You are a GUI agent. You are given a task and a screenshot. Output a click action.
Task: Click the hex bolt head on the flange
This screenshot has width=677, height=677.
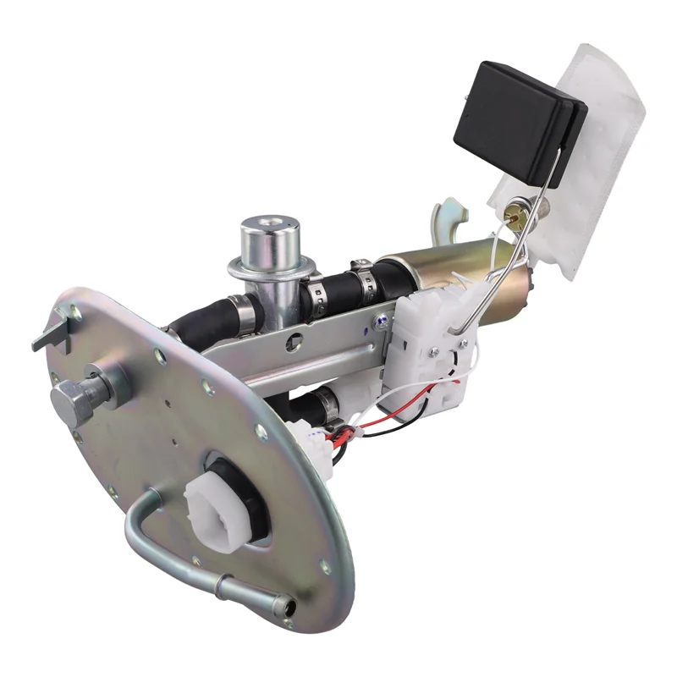click(71, 398)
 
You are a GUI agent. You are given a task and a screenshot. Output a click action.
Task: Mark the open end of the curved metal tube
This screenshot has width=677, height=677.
click(291, 607)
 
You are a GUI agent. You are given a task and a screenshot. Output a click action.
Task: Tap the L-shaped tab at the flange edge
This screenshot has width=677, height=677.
click(51, 335)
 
